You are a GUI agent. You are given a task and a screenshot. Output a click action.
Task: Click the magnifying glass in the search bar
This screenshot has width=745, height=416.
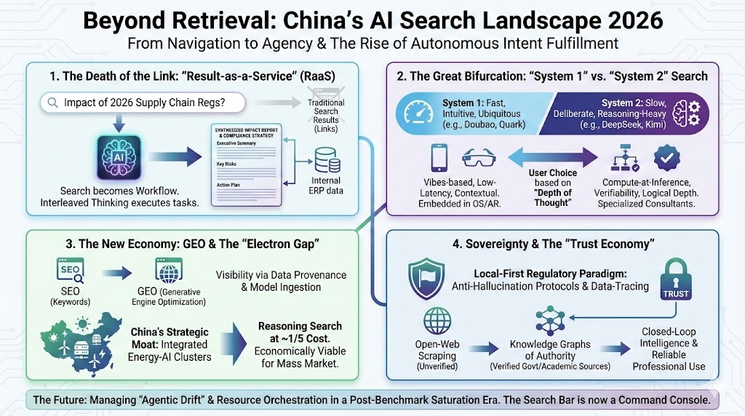52,103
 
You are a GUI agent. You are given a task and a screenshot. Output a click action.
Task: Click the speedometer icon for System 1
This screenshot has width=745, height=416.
418,113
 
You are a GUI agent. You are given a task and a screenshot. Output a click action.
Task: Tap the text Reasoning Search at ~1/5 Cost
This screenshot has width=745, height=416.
300,333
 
